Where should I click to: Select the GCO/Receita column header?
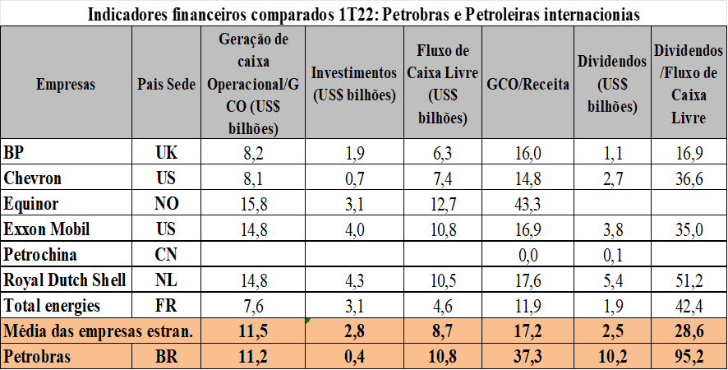[528, 85]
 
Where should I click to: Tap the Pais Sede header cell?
[167, 85]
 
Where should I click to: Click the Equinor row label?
[32, 204]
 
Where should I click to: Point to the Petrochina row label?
[41, 255]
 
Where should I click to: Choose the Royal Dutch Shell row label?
[66, 280]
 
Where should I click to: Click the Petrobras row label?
[37, 358]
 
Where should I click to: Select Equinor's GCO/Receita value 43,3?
[528, 204]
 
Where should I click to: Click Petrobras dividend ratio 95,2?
[689, 358]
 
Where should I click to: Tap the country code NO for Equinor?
[167, 204]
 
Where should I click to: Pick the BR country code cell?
[167, 358]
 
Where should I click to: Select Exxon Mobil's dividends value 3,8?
[608, 229]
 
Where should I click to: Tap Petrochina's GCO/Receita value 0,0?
[528, 255]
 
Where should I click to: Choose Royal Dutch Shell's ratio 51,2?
[689, 280]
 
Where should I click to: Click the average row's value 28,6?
[689, 332]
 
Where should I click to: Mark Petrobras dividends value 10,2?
[608, 358]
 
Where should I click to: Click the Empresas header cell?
[66, 85]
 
